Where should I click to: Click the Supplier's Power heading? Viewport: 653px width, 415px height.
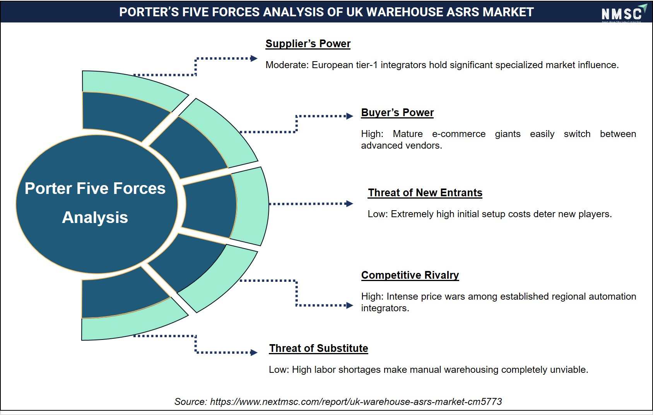click(x=308, y=44)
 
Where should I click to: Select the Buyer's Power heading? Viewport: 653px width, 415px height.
click(x=397, y=113)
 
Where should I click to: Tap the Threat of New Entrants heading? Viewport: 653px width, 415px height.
click(x=425, y=193)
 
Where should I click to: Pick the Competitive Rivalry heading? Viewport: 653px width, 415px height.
click(x=410, y=275)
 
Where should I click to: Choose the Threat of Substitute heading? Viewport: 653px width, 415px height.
click(x=318, y=348)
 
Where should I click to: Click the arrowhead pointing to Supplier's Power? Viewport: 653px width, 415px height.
click(x=254, y=58)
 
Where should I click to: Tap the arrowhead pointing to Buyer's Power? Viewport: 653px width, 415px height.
click(x=350, y=116)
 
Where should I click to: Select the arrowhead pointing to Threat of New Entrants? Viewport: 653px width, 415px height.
click(x=349, y=204)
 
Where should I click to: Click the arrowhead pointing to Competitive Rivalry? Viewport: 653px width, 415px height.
click(x=350, y=305)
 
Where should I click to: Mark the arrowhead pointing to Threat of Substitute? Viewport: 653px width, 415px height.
click(x=254, y=353)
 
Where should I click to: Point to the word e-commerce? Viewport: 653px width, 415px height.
click(x=458, y=134)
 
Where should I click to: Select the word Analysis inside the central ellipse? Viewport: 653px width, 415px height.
click(x=95, y=218)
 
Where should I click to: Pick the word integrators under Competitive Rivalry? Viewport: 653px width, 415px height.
click(x=385, y=308)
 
